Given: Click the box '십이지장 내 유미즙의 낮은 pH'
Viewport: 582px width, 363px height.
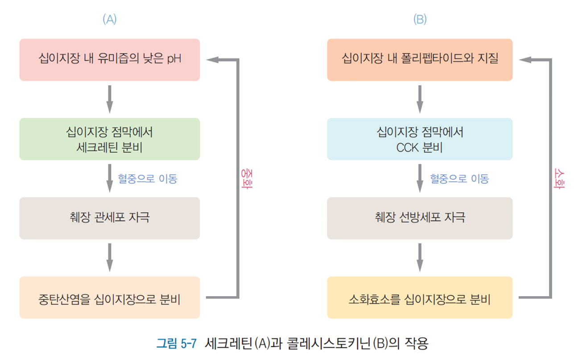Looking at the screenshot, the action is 109,60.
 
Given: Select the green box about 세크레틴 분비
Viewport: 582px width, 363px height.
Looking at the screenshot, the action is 109,139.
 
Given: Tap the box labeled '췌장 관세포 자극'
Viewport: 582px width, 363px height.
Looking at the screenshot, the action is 109,218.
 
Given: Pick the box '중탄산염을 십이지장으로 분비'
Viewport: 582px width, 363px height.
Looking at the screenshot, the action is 109,297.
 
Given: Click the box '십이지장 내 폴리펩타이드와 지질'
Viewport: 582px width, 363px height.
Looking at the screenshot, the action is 420,60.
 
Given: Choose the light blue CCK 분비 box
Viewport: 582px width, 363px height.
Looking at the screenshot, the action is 420,139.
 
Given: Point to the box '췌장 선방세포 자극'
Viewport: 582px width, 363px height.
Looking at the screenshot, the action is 420,218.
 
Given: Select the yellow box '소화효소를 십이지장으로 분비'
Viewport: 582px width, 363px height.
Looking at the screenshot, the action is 420,297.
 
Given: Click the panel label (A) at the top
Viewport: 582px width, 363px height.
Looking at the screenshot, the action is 109,20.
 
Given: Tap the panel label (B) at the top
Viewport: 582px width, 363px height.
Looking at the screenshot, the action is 420,20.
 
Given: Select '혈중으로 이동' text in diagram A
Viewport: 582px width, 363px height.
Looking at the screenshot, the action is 147,179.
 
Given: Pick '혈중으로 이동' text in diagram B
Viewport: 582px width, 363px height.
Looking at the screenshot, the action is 459,179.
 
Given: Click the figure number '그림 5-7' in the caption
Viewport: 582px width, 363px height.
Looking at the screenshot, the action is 176,344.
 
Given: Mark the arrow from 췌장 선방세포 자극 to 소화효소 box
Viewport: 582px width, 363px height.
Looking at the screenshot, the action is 420,258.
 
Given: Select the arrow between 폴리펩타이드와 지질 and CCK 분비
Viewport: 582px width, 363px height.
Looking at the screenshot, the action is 420,99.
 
